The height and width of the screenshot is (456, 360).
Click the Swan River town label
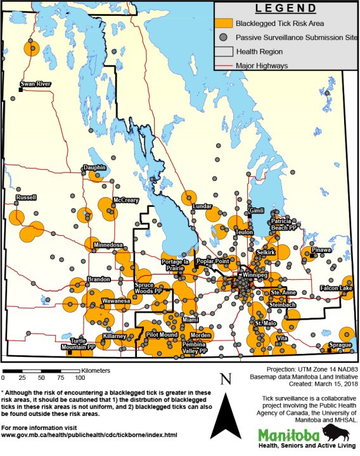[x=35, y=84]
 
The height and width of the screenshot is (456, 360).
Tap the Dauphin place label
[x=94, y=168]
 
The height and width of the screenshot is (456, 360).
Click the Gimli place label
[x=256, y=211]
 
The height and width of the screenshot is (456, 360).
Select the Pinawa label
[x=321, y=250]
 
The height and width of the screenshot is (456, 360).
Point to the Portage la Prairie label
[x=176, y=265]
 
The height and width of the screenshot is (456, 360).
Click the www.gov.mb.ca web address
[x=89, y=436]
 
